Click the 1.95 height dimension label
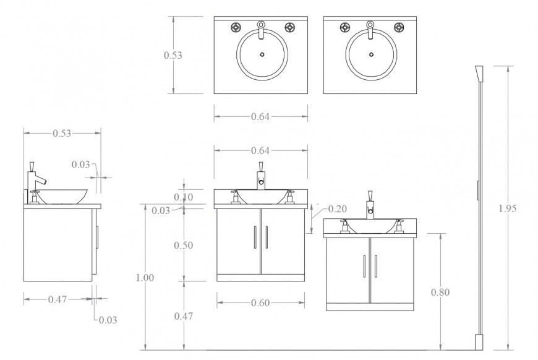[x=507, y=208]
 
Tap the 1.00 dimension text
[x=145, y=278]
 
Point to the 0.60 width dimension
[x=260, y=302]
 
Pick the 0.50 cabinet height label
[x=183, y=245]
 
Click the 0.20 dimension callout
[x=337, y=208]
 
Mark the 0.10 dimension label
[x=184, y=197]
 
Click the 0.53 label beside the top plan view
[x=173, y=55]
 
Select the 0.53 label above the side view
[x=61, y=133]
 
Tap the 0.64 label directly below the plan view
[x=261, y=116]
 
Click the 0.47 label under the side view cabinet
[x=58, y=299]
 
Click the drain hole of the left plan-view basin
[x=262, y=54]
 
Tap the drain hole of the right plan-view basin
[x=370, y=54]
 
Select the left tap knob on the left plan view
[x=236, y=27]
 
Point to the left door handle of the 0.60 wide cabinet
[x=255, y=238]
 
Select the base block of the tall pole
[x=479, y=342]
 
